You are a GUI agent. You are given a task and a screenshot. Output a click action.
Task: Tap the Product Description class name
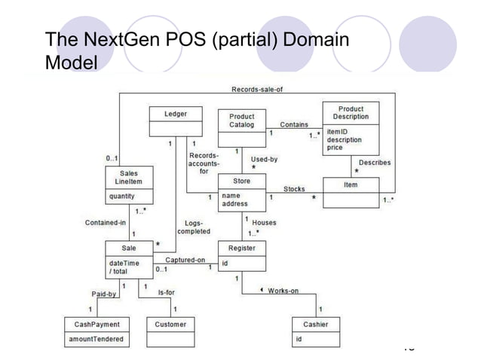(351, 114)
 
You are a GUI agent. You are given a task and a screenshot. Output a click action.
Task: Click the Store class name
(241, 181)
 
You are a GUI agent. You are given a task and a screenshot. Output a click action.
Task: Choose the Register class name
(241, 248)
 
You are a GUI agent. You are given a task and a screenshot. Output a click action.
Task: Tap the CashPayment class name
(97, 325)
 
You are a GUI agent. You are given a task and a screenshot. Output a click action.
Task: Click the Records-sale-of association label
(256, 90)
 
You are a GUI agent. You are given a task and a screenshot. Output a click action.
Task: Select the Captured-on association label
(185, 260)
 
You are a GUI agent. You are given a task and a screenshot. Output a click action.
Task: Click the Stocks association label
(294, 188)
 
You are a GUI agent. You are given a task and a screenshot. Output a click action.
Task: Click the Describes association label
(374, 162)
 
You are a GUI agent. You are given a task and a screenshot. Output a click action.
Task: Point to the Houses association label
(264, 223)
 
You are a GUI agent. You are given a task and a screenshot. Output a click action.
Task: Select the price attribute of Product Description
(335, 148)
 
